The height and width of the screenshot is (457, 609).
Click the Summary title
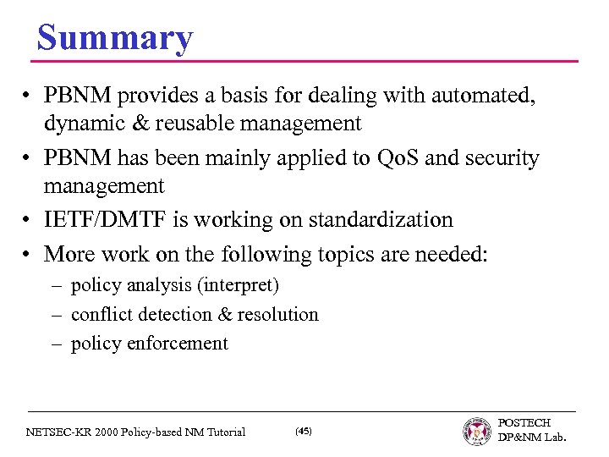pos(115,38)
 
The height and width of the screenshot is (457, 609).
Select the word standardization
pos(385,220)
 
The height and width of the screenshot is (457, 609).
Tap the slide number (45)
pos(303,432)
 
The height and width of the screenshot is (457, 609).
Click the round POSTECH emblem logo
pos(477,431)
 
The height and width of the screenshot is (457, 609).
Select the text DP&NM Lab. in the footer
pos(532,438)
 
